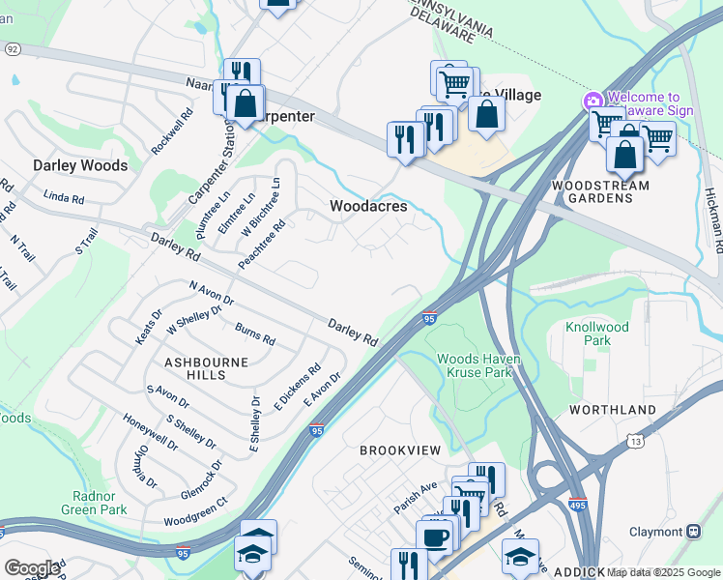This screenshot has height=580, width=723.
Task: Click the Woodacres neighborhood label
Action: (368, 206)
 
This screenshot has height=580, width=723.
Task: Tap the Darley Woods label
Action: (80, 165)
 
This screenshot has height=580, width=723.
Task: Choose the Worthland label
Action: (613, 410)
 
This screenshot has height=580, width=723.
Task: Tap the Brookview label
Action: (400, 450)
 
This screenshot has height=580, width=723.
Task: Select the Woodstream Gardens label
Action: (593, 191)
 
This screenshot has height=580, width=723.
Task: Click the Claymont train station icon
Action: (693, 531)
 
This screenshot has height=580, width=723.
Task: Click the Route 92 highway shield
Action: (12, 48)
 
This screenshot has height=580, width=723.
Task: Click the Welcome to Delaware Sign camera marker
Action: (593, 101)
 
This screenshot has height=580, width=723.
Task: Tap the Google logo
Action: (32, 567)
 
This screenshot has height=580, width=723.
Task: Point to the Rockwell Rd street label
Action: (173, 130)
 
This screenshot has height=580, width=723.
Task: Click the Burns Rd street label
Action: (255, 334)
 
